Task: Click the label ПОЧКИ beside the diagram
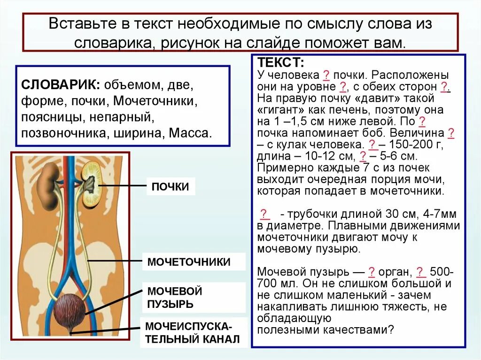click(170, 187)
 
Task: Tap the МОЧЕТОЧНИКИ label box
click(189, 262)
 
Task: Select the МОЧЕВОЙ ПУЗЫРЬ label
click(175, 297)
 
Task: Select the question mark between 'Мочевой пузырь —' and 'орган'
click(371, 272)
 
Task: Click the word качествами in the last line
click(358, 329)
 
